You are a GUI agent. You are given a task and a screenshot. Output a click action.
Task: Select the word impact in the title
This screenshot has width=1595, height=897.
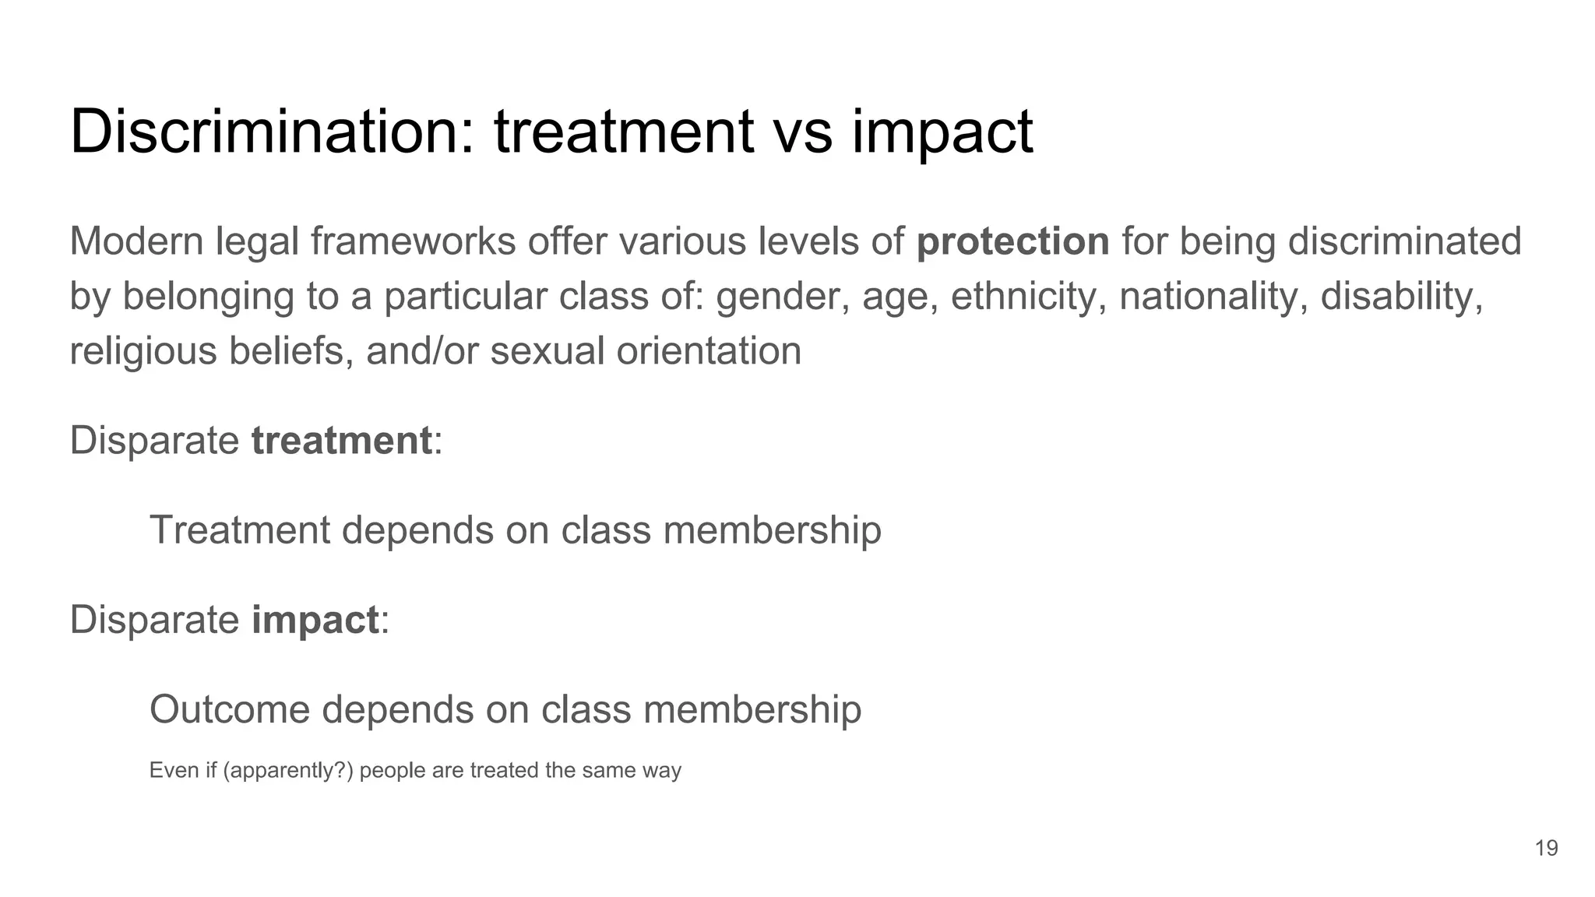942,132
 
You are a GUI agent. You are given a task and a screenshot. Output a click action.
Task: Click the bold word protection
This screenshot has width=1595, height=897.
1012,242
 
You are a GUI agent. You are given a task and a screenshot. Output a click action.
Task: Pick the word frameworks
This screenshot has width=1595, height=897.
413,241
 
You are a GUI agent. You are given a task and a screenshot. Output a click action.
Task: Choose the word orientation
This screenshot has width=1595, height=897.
709,351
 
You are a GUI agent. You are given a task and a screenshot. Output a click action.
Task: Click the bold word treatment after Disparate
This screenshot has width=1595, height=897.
341,441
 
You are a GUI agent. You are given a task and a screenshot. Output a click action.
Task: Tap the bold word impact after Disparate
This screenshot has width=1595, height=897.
315,621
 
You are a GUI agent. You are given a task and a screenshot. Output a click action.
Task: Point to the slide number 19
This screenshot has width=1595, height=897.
1546,848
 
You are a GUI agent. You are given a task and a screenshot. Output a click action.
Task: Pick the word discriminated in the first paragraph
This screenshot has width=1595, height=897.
1404,241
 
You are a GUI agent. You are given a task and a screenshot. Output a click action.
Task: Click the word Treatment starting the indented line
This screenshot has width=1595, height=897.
240,530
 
